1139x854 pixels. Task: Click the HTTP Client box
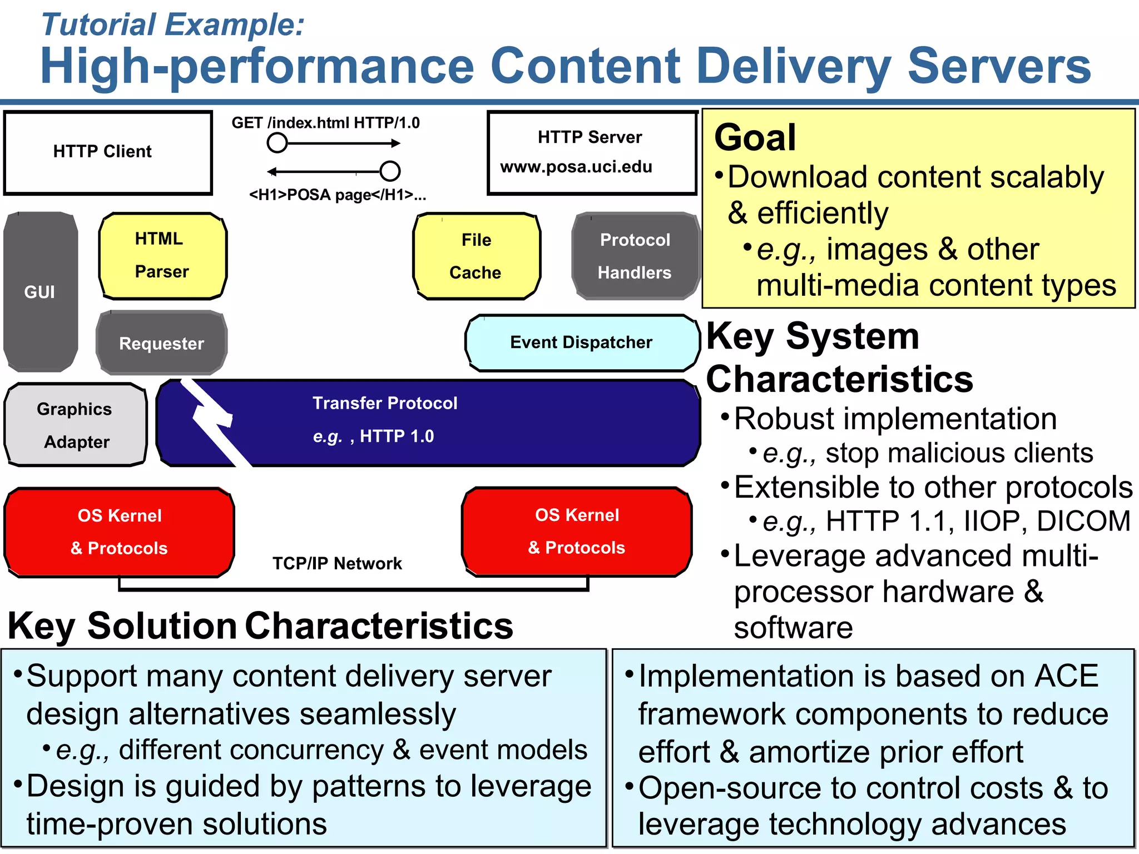point(108,152)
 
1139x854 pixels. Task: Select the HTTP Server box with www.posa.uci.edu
point(592,152)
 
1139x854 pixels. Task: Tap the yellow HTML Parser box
point(162,256)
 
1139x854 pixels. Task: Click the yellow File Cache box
point(476,256)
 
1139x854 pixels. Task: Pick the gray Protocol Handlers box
point(635,256)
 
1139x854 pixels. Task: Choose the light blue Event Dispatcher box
point(582,342)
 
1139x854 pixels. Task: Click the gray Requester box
point(161,343)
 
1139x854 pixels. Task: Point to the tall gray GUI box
point(40,291)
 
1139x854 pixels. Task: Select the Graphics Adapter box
point(76,425)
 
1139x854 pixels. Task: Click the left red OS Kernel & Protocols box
point(119,532)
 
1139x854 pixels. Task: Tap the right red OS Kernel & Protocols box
point(577,531)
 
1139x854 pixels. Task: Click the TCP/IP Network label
point(337,563)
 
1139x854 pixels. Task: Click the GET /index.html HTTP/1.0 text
point(325,123)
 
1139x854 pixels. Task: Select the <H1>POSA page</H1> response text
point(337,195)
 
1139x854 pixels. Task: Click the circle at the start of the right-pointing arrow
point(277,143)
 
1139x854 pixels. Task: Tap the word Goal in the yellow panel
point(755,137)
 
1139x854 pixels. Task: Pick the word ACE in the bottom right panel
point(1066,676)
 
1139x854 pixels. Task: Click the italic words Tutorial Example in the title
point(173,25)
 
